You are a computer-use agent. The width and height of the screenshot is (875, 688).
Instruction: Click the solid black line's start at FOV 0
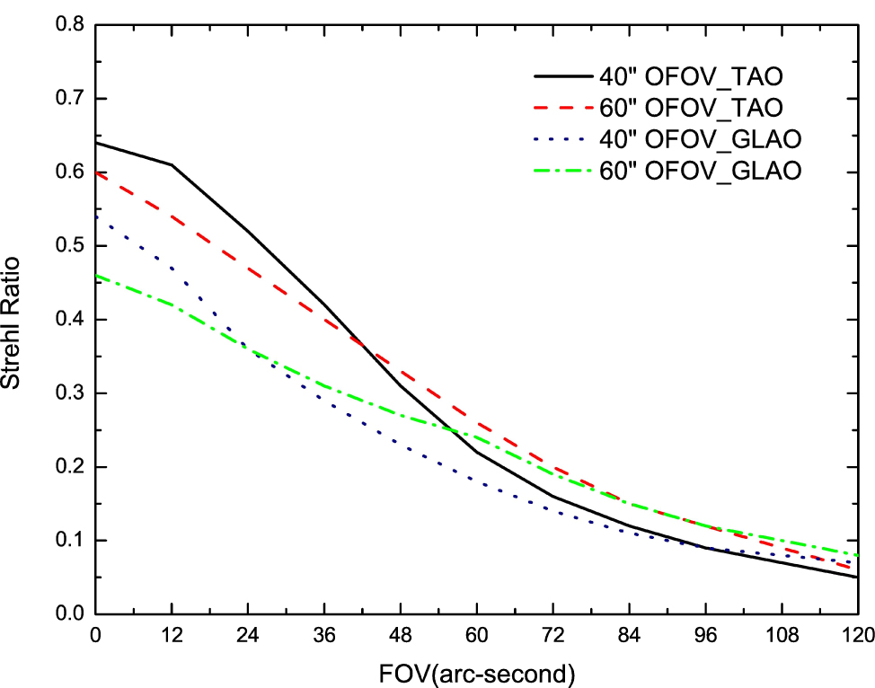(95, 143)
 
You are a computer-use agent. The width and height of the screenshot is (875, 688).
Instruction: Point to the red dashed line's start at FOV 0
(95, 172)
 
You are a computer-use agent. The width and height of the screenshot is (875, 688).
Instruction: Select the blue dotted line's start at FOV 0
(95, 216)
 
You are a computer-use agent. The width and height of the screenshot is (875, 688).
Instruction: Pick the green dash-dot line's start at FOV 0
(95, 276)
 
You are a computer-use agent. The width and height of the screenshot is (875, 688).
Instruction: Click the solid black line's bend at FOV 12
(171, 165)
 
